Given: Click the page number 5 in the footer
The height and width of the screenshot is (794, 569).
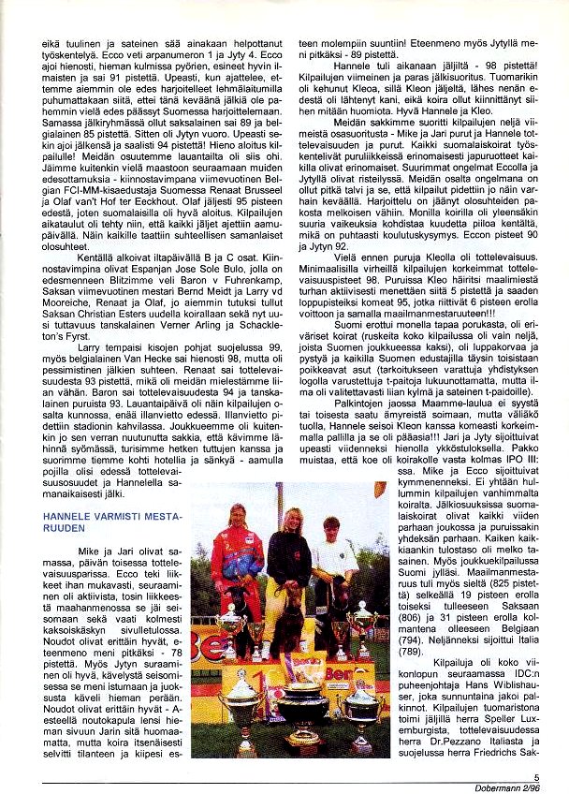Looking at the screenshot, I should point(536,775).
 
